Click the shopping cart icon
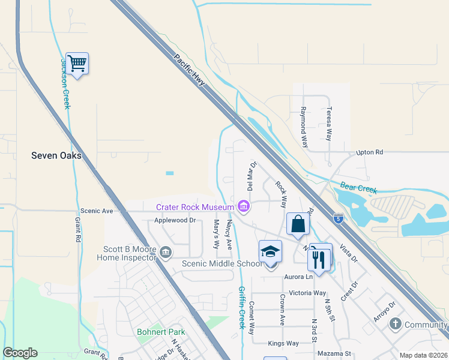[77, 62]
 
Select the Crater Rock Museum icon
[243, 207]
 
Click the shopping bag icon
[298, 225]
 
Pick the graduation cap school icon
[271, 252]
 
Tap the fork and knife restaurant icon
[318, 259]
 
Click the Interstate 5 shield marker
[339, 218]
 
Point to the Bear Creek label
[358, 189]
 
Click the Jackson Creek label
[65, 83]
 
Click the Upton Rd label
[369, 152]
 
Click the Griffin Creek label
[242, 307]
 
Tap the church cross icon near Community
[395, 325]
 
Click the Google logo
[20, 353]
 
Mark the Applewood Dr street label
[175, 220]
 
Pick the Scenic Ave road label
[97, 211]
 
